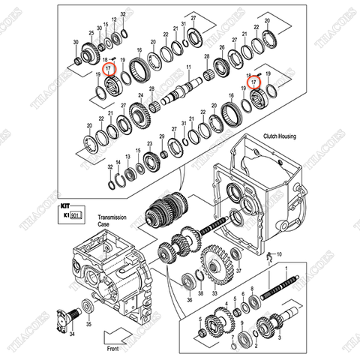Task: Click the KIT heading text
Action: pyautogui.click(x=66, y=203)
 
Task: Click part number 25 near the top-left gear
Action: pyautogui.click(x=90, y=34)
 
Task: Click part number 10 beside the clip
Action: pyautogui.click(x=280, y=256)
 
